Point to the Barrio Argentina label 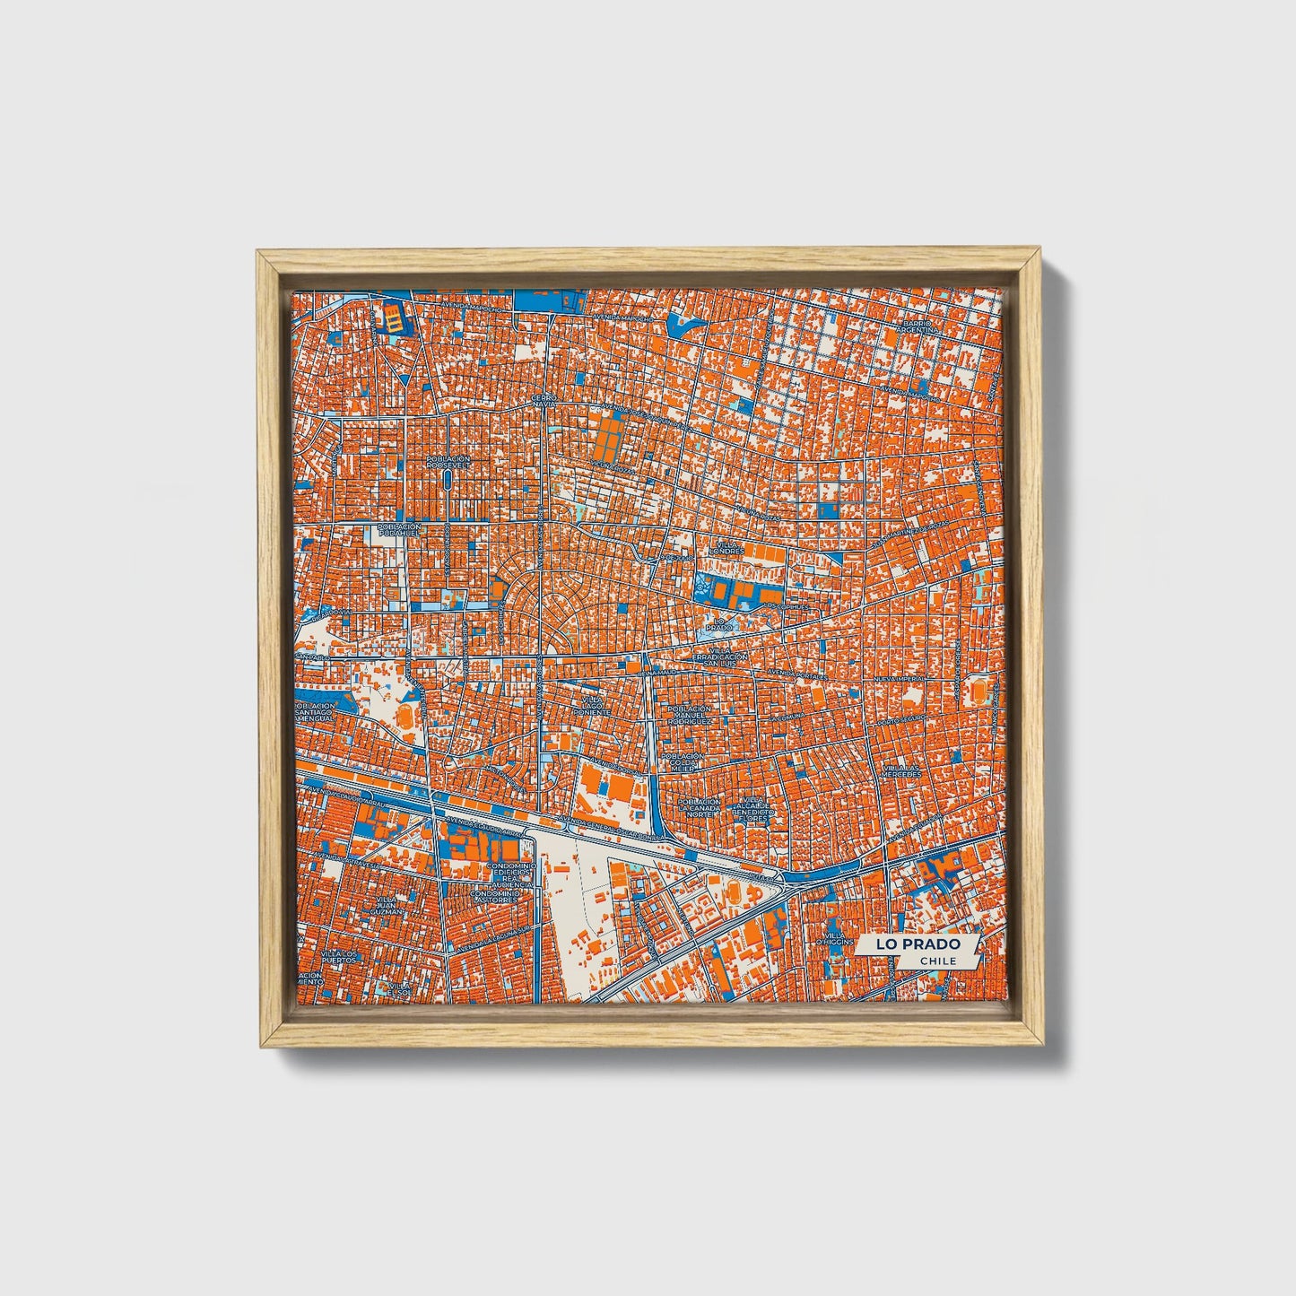tap(921, 326)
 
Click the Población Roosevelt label tap(448, 462)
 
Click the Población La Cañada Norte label tap(700, 808)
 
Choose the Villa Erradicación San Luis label tap(720, 657)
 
